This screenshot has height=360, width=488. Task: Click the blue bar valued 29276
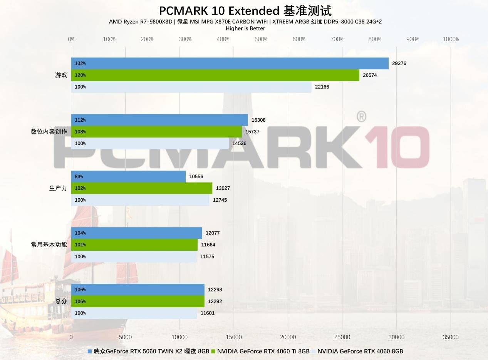[230, 64]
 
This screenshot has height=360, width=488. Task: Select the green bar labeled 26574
[215, 75]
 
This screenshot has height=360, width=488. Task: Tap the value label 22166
[322, 87]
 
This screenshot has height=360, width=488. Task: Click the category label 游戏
[61, 75]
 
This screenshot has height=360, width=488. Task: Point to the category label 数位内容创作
[49, 132]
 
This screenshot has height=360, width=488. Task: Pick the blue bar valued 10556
[128, 177]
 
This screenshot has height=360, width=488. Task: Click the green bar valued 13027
[141, 188]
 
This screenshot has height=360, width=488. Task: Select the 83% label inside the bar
[79, 177]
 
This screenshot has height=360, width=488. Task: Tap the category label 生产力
[58, 188]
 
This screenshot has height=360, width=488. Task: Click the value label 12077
[213, 233]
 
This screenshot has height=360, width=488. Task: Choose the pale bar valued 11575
[134, 256]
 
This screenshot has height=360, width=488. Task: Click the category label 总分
[61, 301]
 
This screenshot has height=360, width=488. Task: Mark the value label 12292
[215, 301]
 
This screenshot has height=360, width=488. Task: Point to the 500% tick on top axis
[261, 39]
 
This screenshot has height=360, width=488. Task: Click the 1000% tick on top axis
[451, 39]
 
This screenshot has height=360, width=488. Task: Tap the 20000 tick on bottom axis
[288, 337]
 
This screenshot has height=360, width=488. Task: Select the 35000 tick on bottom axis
[451, 337]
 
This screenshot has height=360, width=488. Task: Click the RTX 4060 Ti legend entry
[263, 351]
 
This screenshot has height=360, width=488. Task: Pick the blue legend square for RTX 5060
[90, 351]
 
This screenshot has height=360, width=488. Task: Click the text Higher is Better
[245, 28]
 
